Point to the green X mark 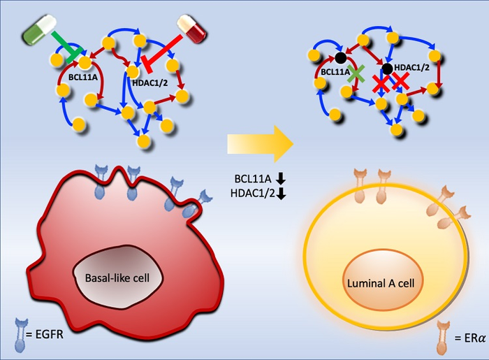click(x=357, y=72)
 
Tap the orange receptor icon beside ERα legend click(x=442, y=334)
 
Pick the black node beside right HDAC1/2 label click(x=386, y=69)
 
